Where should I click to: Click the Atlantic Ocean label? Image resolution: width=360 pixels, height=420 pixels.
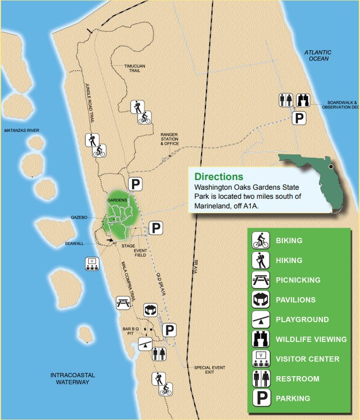click(x=318, y=55)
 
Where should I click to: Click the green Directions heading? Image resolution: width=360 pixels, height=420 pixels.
click(x=218, y=176)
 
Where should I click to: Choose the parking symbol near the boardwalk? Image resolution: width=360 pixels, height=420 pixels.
click(x=301, y=118)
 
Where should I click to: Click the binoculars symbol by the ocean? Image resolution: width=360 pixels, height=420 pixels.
click(x=304, y=99)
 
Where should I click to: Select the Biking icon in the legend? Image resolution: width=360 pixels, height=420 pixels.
click(x=261, y=240)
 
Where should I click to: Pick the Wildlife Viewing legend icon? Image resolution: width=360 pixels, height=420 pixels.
click(x=261, y=339)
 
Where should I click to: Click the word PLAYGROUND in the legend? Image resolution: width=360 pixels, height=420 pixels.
click(x=302, y=320)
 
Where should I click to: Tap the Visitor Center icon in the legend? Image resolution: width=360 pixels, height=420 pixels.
click(x=261, y=359)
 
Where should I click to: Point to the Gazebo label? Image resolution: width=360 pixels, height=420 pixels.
click(x=79, y=217)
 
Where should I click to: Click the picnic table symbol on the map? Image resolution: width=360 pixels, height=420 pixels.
click(x=123, y=302)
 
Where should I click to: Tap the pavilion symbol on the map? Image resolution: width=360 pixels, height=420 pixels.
click(x=151, y=309)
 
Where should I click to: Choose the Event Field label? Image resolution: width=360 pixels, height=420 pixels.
click(x=140, y=253)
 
